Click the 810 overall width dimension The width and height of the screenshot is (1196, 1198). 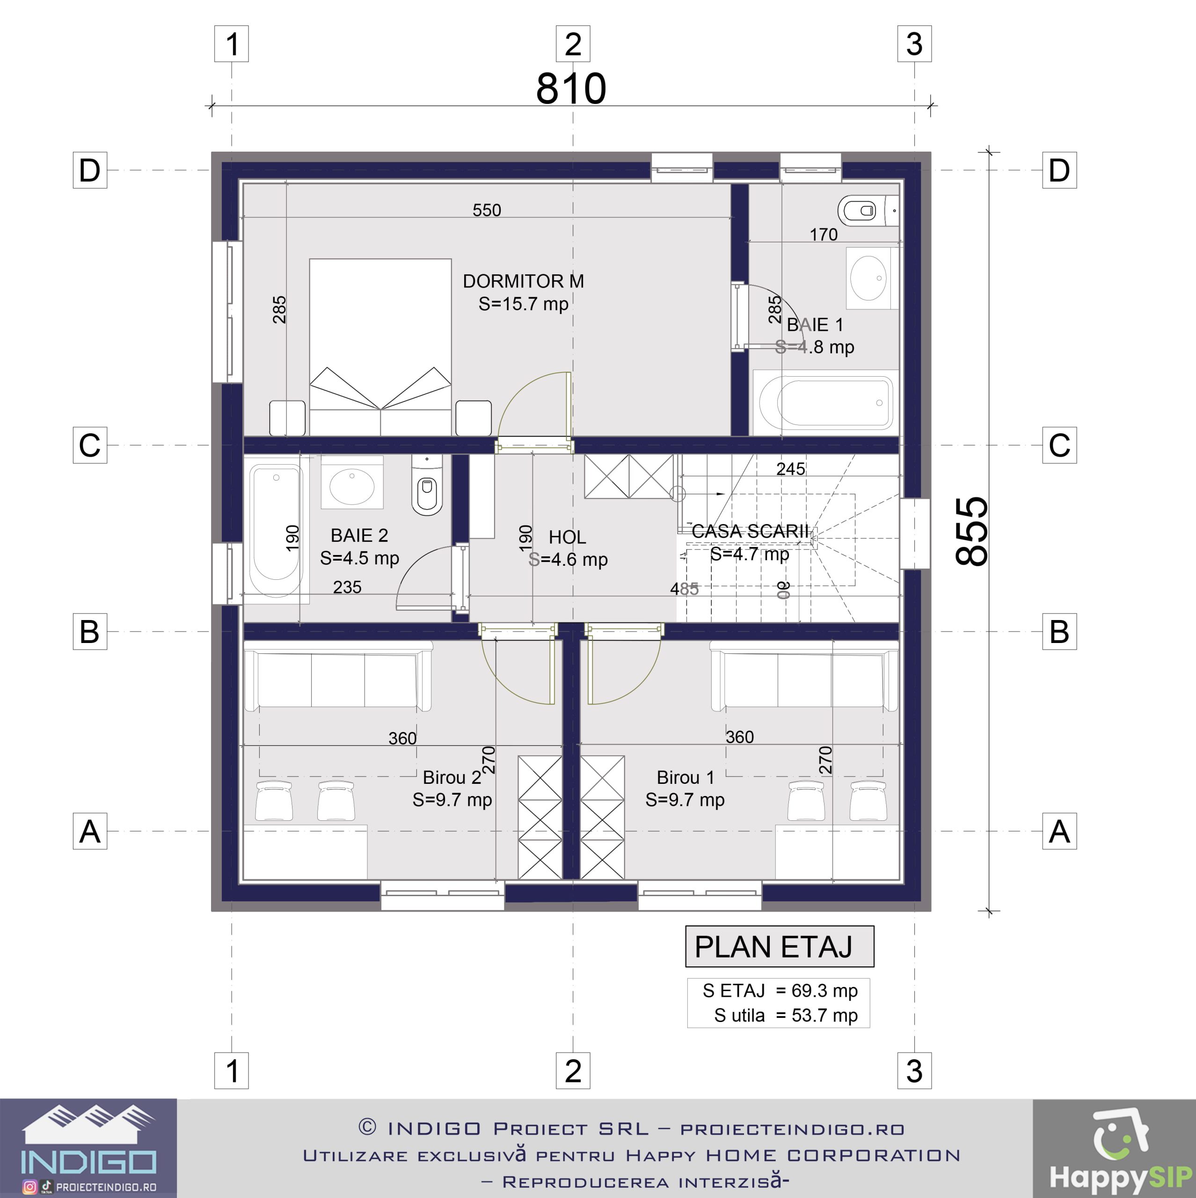coord(571,88)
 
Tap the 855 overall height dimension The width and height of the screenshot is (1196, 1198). coord(971,532)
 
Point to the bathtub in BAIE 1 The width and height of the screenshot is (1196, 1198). coord(826,402)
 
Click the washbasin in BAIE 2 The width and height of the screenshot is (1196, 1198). coord(351,482)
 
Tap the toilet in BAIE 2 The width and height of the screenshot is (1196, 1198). coord(427,486)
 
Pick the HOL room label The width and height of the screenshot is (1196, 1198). coord(567,537)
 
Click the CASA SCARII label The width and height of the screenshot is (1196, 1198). coord(750,532)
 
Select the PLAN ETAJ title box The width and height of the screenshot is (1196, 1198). coord(780,947)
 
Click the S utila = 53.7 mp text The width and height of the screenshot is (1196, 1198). coord(786,1015)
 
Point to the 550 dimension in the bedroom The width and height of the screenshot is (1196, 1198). coord(487,210)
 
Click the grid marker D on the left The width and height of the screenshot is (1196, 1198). coord(90,170)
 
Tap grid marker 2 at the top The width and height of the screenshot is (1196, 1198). coord(573,44)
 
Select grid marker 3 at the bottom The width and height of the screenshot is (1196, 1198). coord(914,1071)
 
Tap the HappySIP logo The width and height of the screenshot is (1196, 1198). coord(1114,1148)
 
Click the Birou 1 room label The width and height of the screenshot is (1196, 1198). coord(685,778)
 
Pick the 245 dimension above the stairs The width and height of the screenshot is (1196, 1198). coord(790,469)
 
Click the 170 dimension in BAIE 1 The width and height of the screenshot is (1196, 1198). coord(824,235)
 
